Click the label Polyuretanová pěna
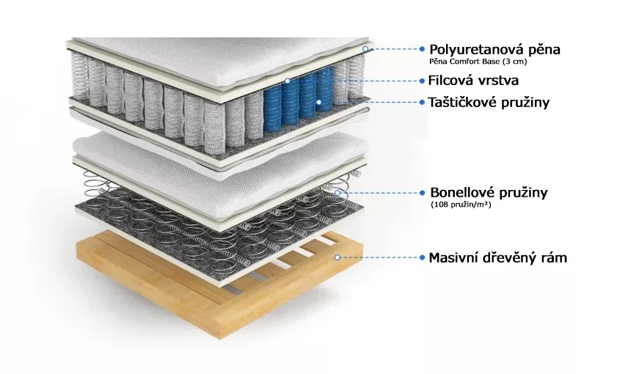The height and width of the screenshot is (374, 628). pos(494,50)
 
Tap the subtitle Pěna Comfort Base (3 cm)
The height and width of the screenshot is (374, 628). pos(478,62)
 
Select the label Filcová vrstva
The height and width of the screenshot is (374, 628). pos(473,81)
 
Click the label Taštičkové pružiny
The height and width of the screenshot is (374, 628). pos(489,103)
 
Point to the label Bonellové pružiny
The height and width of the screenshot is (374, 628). pos(489,193)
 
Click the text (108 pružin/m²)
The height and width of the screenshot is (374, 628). pos(461,205)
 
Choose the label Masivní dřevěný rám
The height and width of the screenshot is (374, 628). pos(498,257)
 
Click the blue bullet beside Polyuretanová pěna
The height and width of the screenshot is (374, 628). pos(422,49)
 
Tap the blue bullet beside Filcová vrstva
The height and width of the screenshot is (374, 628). pos(422,81)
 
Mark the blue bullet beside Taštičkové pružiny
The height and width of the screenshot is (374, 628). pos(422,103)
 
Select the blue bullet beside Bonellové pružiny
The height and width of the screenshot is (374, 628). pos(422,193)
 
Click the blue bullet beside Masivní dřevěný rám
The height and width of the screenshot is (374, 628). pos(422,257)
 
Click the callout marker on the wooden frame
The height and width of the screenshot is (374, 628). pos(337,257)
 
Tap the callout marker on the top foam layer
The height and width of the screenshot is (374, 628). pos(365,49)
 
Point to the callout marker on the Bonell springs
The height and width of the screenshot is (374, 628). pos(337,193)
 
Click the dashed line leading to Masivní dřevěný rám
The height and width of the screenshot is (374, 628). pos(380,257)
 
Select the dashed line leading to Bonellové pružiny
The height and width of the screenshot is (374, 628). pos(380,193)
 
